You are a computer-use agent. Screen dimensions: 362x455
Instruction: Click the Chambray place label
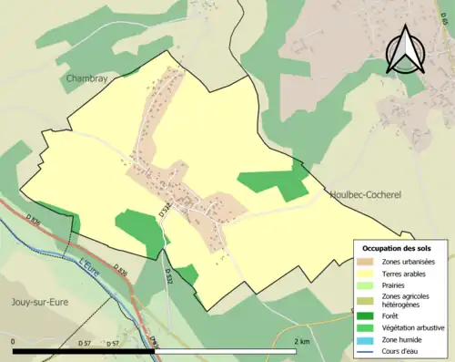pos(86,79)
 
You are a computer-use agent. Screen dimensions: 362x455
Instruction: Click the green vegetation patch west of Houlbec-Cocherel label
pos(274,183)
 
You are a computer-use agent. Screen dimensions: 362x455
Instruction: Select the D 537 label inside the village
pos(165,212)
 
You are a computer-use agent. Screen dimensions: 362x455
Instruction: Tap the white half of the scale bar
pos(227,351)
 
